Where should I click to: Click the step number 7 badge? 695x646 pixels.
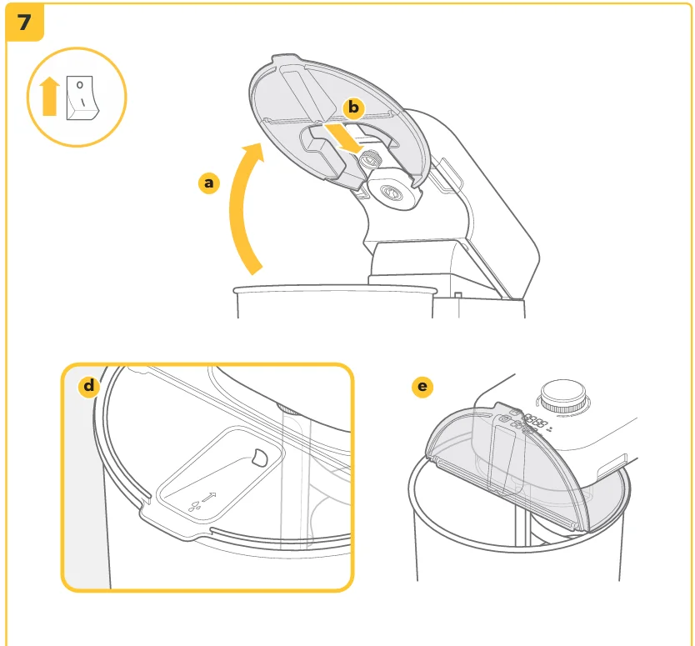tap(25, 23)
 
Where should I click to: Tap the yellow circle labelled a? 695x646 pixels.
tap(209, 183)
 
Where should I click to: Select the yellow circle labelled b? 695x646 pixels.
tap(353, 108)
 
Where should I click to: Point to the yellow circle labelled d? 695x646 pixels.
tap(89, 386)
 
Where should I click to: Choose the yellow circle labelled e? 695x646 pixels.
tap(422, 387)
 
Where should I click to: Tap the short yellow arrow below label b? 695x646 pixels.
tap(345, 138)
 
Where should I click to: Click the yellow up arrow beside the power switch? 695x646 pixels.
tap(50, 96)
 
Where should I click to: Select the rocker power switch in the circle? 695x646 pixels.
tap(82, 98)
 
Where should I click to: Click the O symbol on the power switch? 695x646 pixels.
tap(80, 85)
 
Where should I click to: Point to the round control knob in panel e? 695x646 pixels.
tap(562, 397)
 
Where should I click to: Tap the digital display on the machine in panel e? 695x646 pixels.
tap(534, 422)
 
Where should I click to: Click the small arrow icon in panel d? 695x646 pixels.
tap(209, 498)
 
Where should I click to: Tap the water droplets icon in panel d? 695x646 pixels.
tap(195, 506)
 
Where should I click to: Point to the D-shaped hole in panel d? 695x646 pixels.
tap(259, 458)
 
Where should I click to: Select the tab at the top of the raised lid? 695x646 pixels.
tap(285, 59)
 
